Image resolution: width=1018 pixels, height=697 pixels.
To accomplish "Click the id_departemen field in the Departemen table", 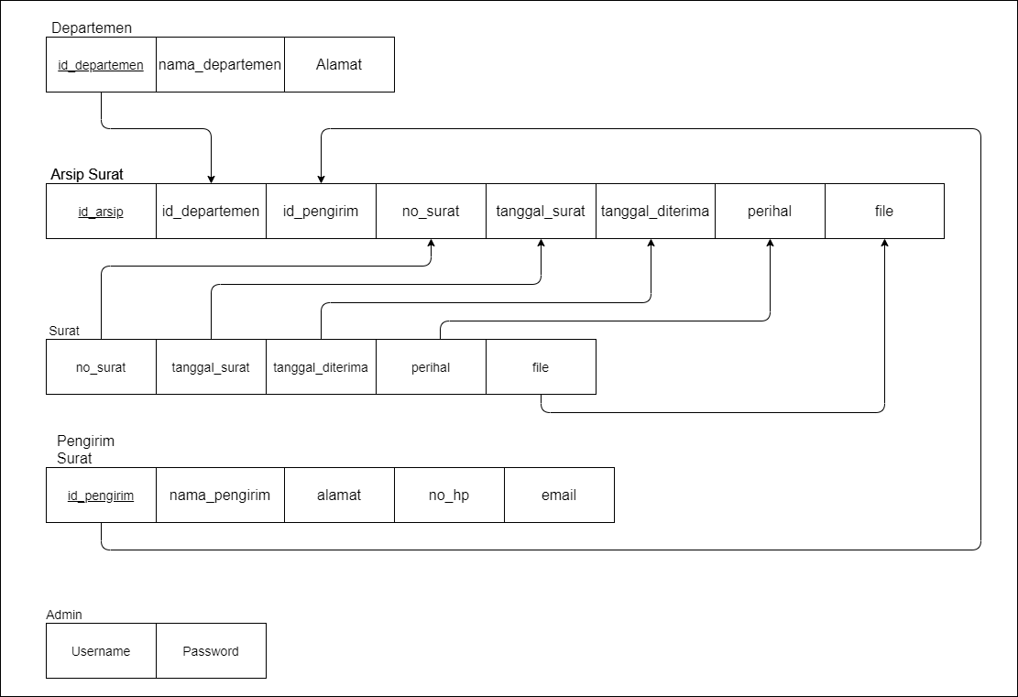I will [101, 65].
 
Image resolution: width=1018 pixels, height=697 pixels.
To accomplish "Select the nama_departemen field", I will [220, 65].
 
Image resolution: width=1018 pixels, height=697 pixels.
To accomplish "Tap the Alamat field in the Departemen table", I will [339, 65].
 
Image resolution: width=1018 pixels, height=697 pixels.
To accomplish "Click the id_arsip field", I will [101, 212].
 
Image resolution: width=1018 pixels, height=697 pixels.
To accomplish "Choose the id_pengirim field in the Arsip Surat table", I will [321, 212].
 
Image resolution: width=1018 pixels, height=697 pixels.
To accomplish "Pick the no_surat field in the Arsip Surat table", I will [431, 212].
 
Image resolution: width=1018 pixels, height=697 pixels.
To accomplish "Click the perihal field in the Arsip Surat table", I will [770, 212].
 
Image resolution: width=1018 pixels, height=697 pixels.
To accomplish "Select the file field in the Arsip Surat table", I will [884, 212].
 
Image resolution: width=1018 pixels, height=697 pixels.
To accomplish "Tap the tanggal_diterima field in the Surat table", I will [321, 367].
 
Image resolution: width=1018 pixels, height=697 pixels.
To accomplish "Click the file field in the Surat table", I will [541, 367].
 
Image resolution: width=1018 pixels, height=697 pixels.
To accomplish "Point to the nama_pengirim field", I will [220, 496].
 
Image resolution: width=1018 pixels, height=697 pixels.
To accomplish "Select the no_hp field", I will [449, 496].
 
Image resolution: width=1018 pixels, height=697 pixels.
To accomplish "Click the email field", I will [559, 496].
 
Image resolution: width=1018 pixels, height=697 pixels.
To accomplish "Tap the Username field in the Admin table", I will [101, 651].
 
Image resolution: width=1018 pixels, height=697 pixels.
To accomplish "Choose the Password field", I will [211, 651].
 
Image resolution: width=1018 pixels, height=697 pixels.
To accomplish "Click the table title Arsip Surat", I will [87, 174].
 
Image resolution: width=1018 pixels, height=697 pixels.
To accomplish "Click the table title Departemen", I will [92, 27].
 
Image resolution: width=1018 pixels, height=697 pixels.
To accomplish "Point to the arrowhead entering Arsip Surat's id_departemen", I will [211, 178].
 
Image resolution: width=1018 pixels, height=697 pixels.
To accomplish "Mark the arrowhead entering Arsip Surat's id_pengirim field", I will [321, 178].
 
